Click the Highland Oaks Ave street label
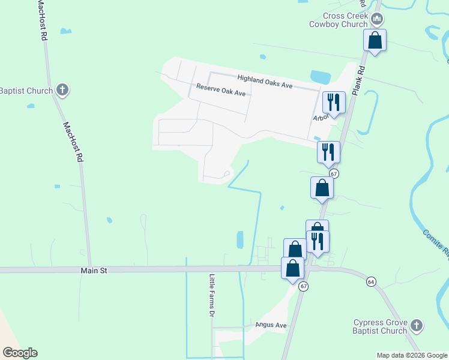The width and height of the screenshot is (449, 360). [264, 82]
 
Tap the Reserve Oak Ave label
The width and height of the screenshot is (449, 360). [221, 90]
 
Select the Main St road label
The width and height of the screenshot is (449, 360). [94, 271]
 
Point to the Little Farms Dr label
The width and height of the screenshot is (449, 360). [212, 296]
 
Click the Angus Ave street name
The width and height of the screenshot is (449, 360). [271, 325]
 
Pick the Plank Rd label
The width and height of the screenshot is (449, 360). [359, 80]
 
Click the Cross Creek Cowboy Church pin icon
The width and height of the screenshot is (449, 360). [377, 20]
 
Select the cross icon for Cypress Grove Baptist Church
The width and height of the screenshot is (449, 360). [416, 326]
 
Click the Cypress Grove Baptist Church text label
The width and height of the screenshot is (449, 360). [380, 326]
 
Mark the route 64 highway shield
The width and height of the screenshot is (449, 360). [371, 281]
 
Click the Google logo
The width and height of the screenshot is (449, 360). [20, 353]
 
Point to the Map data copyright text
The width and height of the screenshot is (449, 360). [412, 355]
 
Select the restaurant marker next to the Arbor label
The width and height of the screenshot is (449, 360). [333, 103]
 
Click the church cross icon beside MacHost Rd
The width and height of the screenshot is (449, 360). [61, 91]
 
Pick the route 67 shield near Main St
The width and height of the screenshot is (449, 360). [304, 286]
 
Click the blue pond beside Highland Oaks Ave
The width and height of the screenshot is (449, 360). [320, 77]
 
